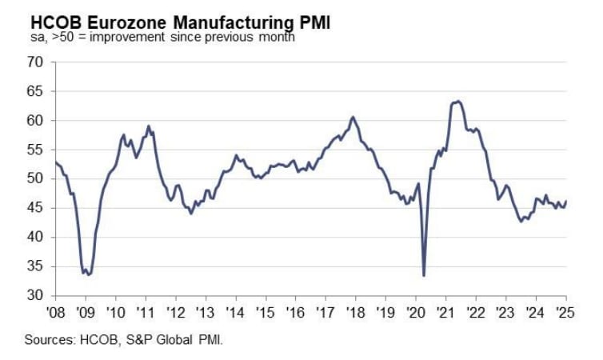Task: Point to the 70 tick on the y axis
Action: coord(34,62)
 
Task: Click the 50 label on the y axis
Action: coord(34,179)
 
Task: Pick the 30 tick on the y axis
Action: coord(34,296)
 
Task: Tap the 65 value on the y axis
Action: coord(34,92)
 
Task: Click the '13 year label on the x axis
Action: coord(204,312)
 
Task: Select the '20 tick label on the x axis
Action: coord(415,312)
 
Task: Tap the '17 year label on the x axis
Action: coord(325,312)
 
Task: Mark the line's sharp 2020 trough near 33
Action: coord(423,275)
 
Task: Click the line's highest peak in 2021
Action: coord(457,102)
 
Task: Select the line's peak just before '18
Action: coord(353,117)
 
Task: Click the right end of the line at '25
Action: coord(566,202)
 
